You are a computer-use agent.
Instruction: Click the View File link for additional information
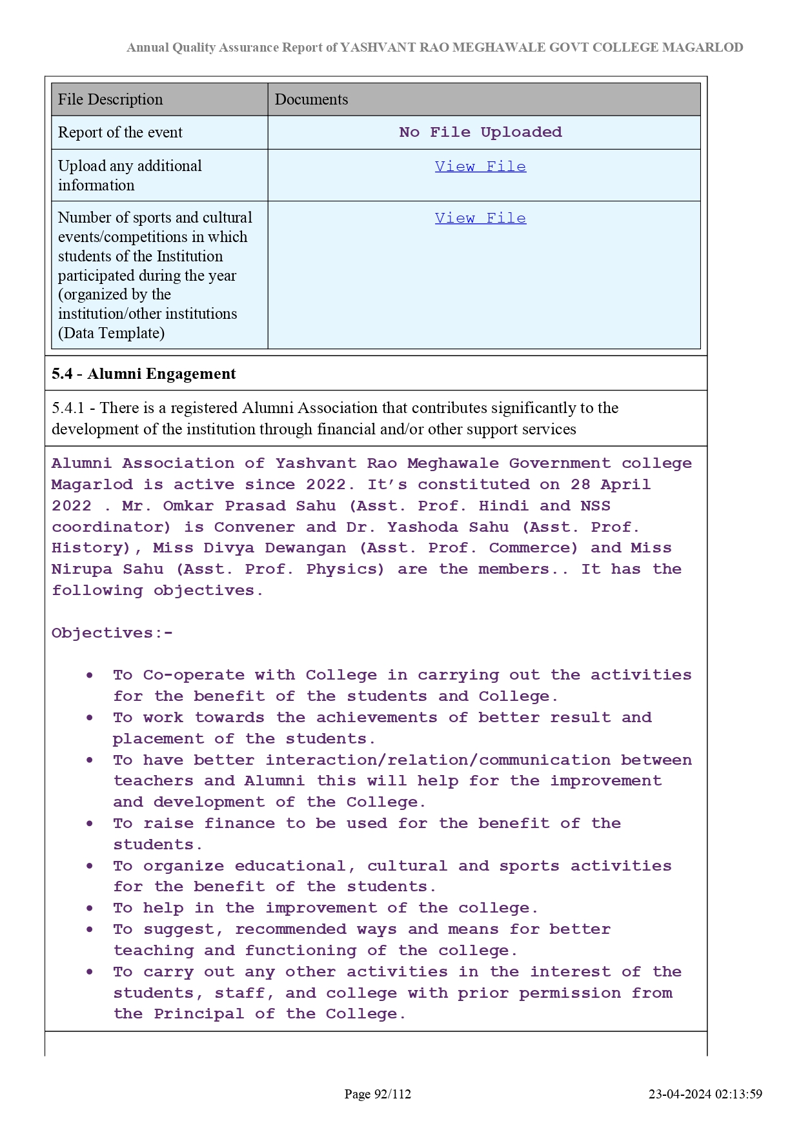480,167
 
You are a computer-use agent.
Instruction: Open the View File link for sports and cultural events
480,218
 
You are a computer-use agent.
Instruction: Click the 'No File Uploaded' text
480,132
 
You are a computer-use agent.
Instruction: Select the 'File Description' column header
110,99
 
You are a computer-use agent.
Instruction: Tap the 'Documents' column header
311,99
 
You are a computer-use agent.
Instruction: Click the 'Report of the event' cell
120,132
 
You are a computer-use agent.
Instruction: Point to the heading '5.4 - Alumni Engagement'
144,374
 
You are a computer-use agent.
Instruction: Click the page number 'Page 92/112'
378,1094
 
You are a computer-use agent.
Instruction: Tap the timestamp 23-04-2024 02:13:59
705,1094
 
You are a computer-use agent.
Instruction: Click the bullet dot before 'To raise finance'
90,824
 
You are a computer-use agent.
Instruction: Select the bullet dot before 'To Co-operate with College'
90,675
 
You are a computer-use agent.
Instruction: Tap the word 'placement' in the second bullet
158,739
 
